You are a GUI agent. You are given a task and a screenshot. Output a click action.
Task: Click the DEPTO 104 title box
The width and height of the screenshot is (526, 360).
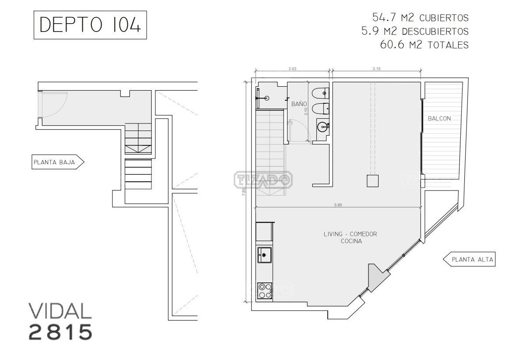point(90,25)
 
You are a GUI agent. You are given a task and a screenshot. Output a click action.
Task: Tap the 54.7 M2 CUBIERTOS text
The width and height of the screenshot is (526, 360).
point(421,18)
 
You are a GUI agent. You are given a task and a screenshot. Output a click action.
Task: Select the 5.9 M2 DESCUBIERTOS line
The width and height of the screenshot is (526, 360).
point(415,31)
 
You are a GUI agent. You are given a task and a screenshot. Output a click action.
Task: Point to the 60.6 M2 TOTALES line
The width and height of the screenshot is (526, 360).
point(424,45)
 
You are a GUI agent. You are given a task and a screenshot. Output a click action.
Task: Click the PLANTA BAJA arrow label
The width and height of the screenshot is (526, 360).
point(58,162)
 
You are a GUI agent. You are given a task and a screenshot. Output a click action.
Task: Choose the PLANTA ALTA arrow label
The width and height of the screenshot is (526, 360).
point(469,259)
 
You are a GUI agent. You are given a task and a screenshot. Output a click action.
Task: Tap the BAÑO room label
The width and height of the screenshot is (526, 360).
point(299,104)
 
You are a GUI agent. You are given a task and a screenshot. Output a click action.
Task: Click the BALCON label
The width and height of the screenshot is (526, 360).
point(439,118)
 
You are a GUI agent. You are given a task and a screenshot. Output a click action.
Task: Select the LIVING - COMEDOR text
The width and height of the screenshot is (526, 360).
point(351,234)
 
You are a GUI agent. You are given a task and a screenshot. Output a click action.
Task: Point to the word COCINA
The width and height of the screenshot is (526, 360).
point(351,241)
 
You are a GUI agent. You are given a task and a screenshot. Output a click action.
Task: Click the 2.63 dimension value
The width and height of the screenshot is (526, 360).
point(292,69)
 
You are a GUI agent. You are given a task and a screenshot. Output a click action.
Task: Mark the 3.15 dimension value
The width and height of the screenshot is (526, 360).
point(376,69)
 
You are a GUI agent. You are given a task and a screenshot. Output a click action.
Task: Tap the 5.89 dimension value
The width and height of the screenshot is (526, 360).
point(338,205)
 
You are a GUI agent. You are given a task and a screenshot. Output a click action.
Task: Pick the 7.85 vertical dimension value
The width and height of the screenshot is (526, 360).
point(244,191)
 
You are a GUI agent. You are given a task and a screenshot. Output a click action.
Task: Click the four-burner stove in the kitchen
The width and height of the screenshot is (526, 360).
point(265,291)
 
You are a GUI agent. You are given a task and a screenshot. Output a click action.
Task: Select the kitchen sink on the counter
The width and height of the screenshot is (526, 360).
point(265,255)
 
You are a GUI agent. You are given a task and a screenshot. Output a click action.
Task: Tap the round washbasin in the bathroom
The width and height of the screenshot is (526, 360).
point(322,127)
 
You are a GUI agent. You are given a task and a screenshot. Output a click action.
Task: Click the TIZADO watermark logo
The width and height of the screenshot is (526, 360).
point(263,180)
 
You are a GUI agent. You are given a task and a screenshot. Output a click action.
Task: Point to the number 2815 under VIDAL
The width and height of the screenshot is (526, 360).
point(60,332)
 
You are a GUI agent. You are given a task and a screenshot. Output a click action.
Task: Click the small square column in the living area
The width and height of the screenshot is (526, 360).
point(373,181)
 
